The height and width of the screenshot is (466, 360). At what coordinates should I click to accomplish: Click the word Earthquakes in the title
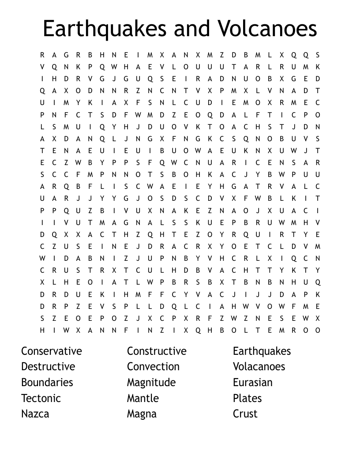point(104,29)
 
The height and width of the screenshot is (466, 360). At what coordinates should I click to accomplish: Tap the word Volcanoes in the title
point(266,29)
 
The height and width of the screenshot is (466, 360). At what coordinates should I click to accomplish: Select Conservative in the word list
point(52,351)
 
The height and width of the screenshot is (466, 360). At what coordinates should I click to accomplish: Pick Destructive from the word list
point(48,367)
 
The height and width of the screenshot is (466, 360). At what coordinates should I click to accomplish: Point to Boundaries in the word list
point(47,382)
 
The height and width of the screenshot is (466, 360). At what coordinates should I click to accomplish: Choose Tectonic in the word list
point(41,398)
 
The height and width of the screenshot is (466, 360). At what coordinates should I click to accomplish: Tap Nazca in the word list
point(35,414)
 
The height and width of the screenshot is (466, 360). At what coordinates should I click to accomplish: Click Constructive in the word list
point(157,351)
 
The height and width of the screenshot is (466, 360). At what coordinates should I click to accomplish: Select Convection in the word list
point(153,367)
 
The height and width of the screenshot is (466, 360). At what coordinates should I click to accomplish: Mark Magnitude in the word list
point(151,382)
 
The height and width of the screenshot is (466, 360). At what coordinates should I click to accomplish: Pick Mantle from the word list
point(143,398)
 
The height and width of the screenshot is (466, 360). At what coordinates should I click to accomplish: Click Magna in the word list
point(142,414)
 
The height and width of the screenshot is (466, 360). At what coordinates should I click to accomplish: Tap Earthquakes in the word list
point(262,351)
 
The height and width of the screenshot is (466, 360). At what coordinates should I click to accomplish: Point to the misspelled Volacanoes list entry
point(259,367)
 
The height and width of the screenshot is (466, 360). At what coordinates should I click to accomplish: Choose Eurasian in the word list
point(253,382)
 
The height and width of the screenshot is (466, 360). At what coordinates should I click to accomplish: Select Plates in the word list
point(247,398)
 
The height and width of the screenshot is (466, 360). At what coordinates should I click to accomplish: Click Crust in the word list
point(245,414)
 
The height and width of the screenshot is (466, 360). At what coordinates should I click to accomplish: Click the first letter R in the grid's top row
point(42,55)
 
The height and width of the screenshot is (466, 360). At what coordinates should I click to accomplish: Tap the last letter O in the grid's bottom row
point(318,330)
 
